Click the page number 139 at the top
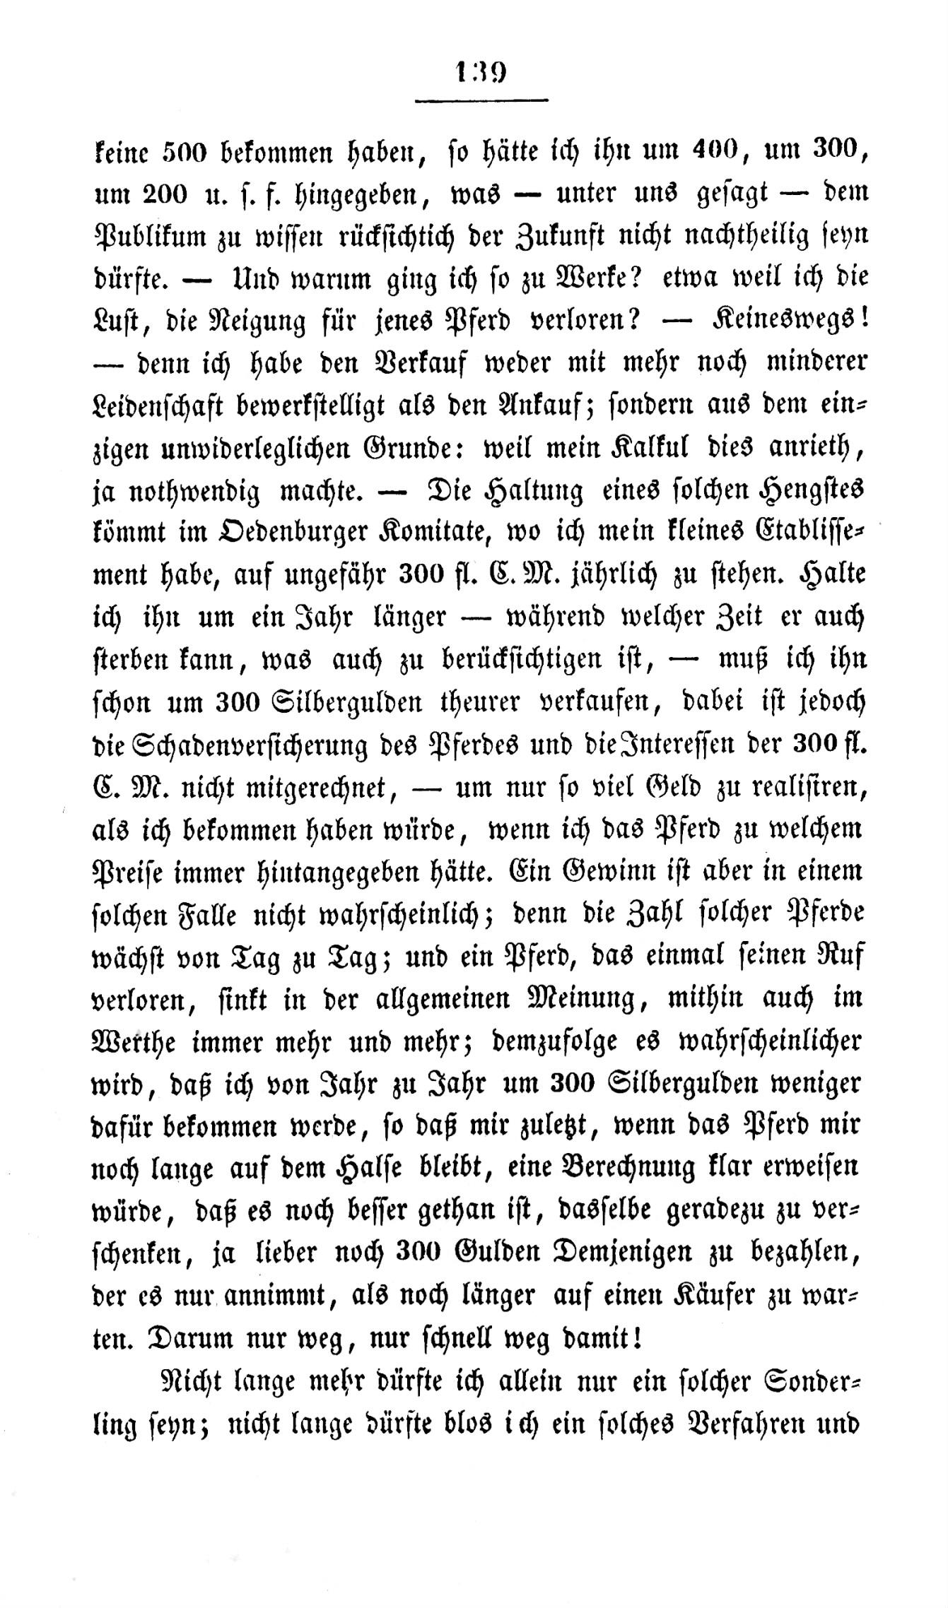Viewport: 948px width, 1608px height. (x=481, y=73)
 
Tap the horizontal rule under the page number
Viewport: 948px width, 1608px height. (x=481, y=100)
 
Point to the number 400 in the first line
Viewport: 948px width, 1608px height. (x=691, y=150)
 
